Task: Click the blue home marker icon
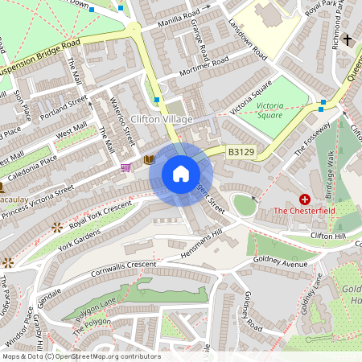pos(181,174)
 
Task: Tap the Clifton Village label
pos(161,119)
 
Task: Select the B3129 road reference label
pos(240,150)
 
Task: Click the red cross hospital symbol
pos(305,198)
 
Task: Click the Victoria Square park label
pos(271,110)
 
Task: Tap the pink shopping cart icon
pos(125,167)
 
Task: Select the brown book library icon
pos(149,160)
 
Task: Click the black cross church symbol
pos(348,39)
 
